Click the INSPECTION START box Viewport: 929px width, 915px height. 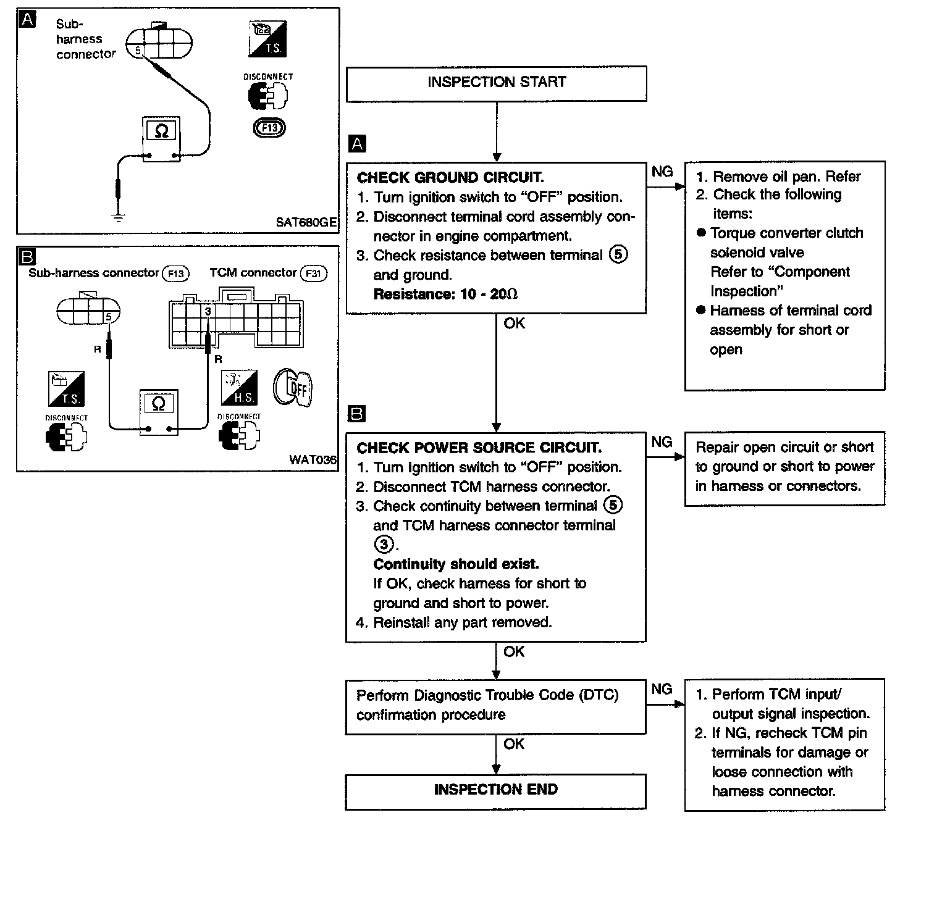496,83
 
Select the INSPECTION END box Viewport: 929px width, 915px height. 495,790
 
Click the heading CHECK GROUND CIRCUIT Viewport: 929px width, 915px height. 450,178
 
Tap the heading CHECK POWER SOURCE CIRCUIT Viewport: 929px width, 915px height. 479,448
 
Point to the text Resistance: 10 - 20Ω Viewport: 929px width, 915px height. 445,295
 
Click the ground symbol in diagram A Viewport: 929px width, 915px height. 117,215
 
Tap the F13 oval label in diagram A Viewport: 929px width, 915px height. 269,128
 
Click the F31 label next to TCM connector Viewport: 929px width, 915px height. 313,274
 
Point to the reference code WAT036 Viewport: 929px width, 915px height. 313,460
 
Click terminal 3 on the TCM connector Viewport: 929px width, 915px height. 208,312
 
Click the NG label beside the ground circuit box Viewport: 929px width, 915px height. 662,172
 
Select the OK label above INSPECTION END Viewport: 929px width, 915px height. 514,744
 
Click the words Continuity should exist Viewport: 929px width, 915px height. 456,564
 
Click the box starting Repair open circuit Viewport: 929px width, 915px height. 784,467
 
